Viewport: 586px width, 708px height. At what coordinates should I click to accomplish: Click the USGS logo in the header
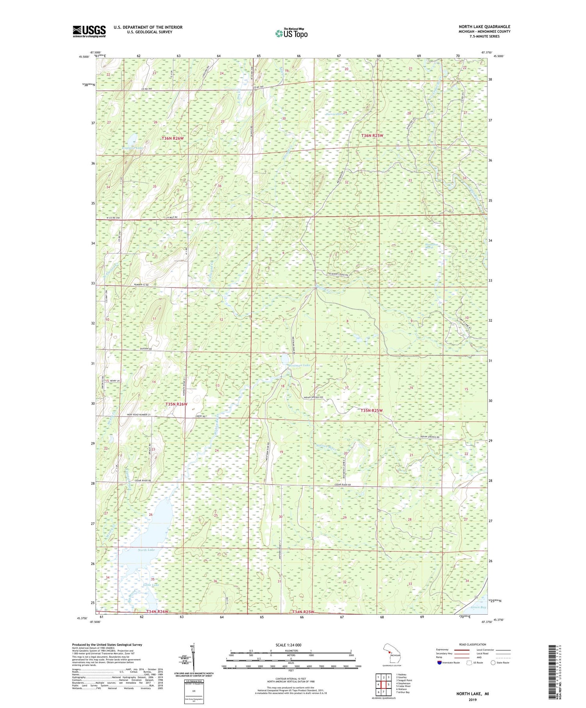(89, 31)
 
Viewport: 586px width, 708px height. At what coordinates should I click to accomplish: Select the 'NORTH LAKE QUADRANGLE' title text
(484, 27)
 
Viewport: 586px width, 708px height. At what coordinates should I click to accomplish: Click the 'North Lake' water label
(146, 550)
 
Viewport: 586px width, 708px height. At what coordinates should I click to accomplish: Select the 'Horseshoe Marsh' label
(429, 246)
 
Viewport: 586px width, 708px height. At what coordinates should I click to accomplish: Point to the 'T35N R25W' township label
(372, 410)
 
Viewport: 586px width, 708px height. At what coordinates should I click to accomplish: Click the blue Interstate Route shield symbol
(439, 662)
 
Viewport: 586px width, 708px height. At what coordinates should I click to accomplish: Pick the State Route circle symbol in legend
(493, 662)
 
